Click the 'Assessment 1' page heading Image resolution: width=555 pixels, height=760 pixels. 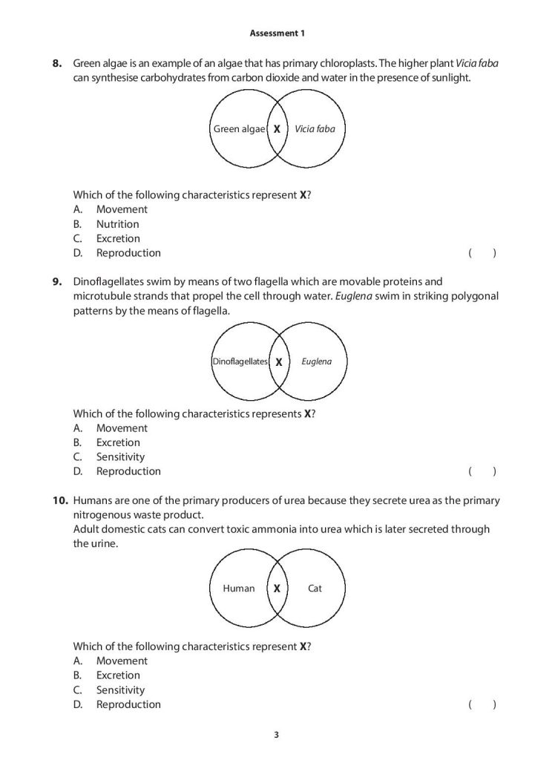click(x=277, y=33)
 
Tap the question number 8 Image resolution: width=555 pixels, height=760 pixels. click(x=57, y=64)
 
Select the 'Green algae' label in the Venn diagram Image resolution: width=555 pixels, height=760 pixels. click(x=239, y=129)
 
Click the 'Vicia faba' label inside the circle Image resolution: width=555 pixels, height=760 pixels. click(x=315, y=129)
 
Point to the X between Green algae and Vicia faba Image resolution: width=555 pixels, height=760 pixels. click(x=277, y=129)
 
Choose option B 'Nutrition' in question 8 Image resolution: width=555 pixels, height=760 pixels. click(x=117, y=224)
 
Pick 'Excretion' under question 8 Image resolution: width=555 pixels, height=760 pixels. click(x=118, y=238)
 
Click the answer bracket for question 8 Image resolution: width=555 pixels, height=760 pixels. click(x=482, y=253)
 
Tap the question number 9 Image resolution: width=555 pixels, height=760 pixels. click(x=57, y=282)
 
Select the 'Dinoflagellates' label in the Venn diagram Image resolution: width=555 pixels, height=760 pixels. click(x=239, y=362)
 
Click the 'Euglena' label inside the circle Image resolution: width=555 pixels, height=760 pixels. click(x=317, y=362)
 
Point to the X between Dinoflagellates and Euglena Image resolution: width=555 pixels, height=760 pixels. click(x=279, y=362)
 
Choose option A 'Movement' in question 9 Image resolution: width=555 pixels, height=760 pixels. click(x=122, y=428)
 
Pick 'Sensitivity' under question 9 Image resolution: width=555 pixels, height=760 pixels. click(x=120, y=457)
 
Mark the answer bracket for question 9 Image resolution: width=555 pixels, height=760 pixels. click(x=482, y=471)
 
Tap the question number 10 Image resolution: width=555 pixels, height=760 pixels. click(x=60, y=501)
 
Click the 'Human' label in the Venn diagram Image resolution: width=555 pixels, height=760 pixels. click(x=239, y=589)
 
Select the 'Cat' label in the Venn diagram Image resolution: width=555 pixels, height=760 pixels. click(x=315, y=589)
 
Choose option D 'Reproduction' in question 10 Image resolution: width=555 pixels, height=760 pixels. click(x=128, y=704)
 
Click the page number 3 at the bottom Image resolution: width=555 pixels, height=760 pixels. click(x=276, y=736)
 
